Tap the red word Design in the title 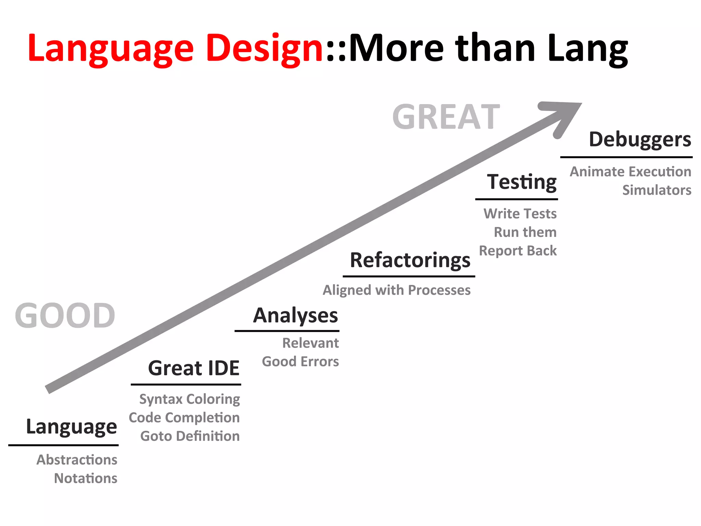coord(264,49)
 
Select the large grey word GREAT coord(446,117)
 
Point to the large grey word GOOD coord(65,316)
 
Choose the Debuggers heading coord(640,140)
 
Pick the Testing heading coord(522,181)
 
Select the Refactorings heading coord(410,260)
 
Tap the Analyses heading coord(295,315)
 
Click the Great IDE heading coord(194,368)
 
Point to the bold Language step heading coord(72,427)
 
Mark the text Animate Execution coord(630,172)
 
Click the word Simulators coord(657,190)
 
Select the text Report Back coord(518,251)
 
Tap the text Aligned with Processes coord(396,290)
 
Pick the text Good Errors coord(300,362)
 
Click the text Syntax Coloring coord(190,399)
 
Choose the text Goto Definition coord(190,436)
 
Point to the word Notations coord(86,478)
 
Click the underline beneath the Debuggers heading coord(626,157)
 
